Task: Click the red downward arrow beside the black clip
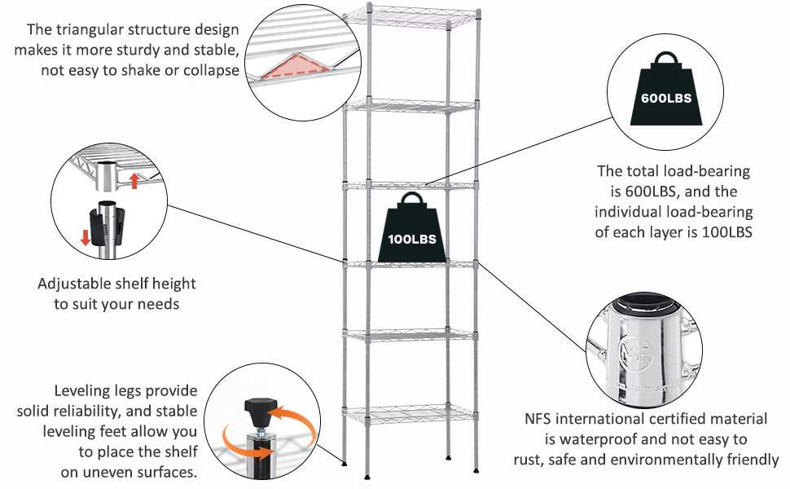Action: click(86, 237)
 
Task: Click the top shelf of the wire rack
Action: click(410, 16)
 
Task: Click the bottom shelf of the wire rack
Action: click(410, 412)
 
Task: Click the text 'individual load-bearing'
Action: click(674, 212)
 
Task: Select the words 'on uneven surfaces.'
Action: click(129, 473)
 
